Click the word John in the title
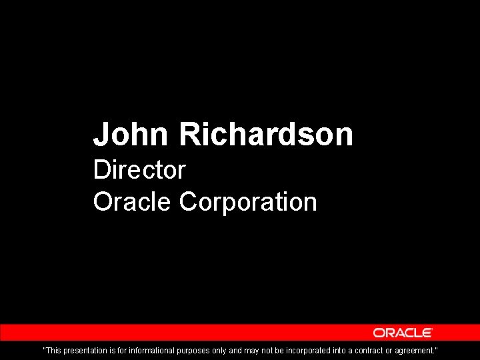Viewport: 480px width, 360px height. tap(131, 134)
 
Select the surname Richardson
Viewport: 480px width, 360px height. tap(266, 134)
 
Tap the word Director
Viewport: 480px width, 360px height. tap(139, 169)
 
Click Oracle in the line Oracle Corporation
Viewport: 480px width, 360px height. tap(132, 201)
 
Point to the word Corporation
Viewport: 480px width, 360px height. tap(248, 201)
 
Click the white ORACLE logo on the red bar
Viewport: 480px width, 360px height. tap(403, 333)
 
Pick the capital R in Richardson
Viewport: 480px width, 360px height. tap(189, 134)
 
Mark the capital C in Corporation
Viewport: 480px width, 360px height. tap(188, 201)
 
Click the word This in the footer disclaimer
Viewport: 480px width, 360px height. tap(53, 350)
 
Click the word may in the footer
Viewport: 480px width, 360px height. tap(251, 350)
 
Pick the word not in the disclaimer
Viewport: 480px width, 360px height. tap(269, 350)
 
